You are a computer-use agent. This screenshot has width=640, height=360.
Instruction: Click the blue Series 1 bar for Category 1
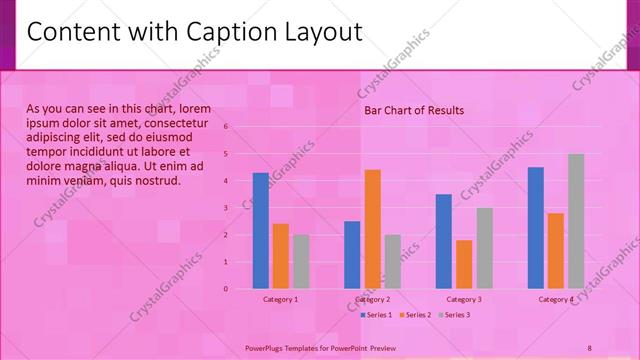260,231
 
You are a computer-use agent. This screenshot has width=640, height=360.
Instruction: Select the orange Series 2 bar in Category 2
372,229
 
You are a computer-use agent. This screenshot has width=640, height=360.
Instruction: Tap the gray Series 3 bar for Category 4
576,221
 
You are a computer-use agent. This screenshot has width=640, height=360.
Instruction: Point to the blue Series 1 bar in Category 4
535,228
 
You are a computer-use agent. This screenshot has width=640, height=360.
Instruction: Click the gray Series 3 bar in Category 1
301,262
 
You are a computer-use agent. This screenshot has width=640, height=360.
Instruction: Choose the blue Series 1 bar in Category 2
352,255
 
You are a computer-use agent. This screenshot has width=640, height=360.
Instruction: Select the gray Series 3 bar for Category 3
484,248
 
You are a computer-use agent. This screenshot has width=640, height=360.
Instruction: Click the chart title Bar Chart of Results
413,110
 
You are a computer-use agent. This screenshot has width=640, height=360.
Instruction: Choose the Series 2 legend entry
418,315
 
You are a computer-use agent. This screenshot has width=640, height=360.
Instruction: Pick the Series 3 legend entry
456,315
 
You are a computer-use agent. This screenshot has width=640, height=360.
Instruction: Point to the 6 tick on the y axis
226,127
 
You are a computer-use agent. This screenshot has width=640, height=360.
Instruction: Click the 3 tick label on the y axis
226,208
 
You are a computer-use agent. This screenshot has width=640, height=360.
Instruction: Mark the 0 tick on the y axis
226,289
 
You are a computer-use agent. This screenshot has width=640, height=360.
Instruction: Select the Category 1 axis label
281,299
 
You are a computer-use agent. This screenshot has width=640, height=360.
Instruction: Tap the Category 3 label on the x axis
464,299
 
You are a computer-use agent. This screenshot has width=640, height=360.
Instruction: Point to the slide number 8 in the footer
589,347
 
